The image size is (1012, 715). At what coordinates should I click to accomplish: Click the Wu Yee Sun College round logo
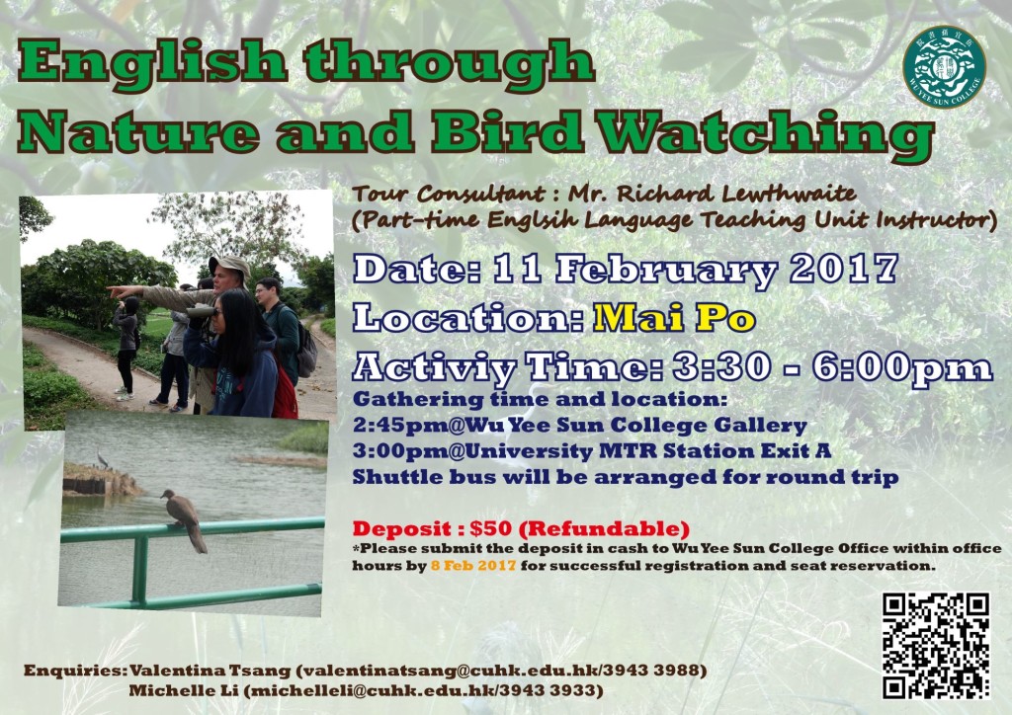click(x=944, y=67)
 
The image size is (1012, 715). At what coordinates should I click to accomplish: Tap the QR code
click(x=936, y=645)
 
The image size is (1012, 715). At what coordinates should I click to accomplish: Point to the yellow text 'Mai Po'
click(x=674, y=317)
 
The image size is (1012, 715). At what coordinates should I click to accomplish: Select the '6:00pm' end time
click(x=902, y=366)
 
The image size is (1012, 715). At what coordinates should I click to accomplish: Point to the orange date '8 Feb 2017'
click(x=473, y=566)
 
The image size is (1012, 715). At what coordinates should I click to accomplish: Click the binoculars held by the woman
click(x=201, y=312)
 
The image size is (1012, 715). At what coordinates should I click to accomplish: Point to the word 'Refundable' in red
click(x=604, y=528)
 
